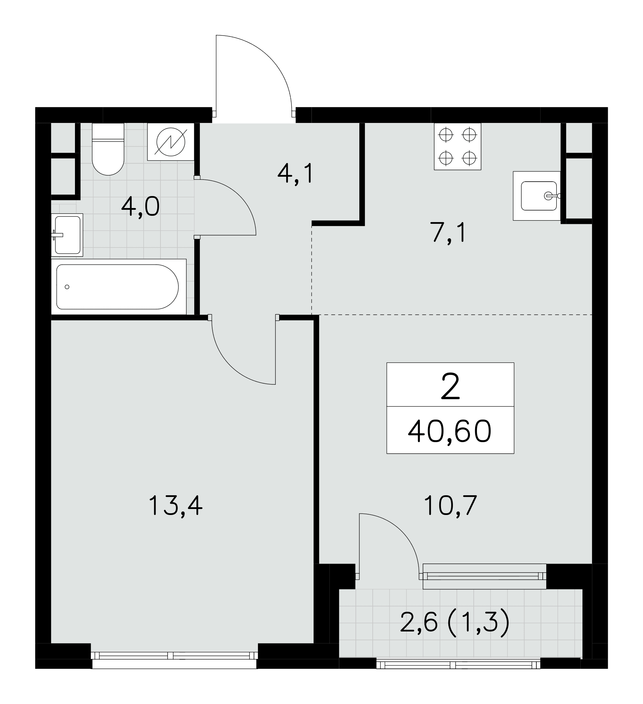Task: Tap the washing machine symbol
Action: [x=171, y=142]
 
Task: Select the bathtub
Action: [x=119, y=287]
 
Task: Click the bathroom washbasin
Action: [x=67, y=234]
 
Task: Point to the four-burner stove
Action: [x=458, y=146]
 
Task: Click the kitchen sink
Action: [x=537, y=196]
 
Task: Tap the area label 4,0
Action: [x=140, y=207]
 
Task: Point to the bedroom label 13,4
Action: [x=176, y=505]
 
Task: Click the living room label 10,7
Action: [x=450, y=505]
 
